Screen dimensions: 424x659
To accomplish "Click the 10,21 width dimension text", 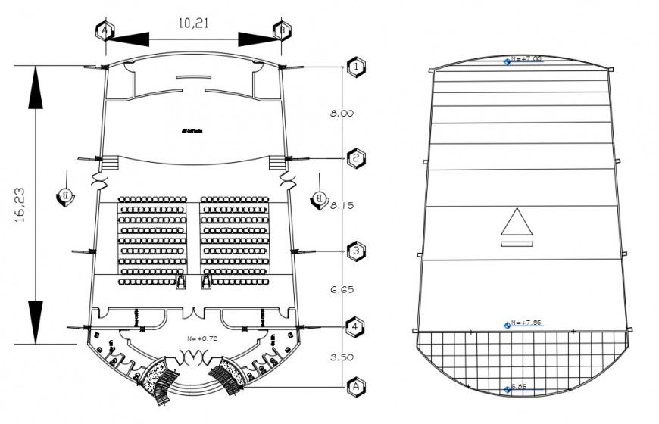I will click(192, 23).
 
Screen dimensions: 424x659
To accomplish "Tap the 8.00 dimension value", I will click(341, 114).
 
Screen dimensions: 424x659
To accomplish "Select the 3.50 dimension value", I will click(341, 356).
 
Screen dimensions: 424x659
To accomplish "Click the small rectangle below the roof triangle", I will click(517, 244).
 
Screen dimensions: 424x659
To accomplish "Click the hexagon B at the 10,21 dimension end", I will click(281, 30).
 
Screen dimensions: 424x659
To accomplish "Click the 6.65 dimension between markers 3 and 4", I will click(341, 289).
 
